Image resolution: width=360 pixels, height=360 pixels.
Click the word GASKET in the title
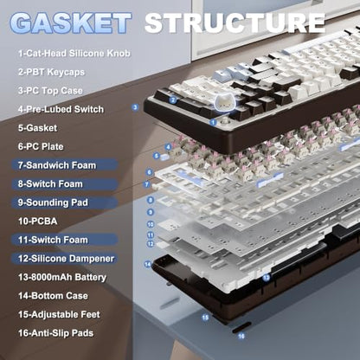(x=70, y=22)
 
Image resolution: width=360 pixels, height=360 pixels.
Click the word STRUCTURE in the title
(x=235, y=22)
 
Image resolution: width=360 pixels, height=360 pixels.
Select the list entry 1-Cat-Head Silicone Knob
(x=74, y=53)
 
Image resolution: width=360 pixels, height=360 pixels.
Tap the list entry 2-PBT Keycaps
(x=51, y=72)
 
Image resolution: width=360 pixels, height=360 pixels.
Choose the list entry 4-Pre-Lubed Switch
(x=61, y=109)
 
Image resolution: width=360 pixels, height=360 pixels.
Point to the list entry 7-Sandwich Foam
(x=57, y=165)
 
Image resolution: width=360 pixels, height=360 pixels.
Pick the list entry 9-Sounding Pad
(x=53, y=202)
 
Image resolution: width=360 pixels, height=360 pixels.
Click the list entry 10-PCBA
(x=37, y=222)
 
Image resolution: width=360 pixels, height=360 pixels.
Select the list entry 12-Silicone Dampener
(x=66, y=259)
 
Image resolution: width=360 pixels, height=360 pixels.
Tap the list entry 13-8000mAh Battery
(x=62, y=277)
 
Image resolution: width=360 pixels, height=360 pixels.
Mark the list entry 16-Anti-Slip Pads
(x=55, y=333)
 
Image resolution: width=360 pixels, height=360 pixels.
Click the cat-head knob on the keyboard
(x=225, y=103)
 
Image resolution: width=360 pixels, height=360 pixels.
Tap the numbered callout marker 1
(x=213, y=122)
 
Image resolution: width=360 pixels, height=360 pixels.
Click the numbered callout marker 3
(x=135, y=107)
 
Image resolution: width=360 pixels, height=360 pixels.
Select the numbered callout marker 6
(x=150, y=172)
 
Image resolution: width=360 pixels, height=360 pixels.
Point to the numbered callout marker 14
(x=148, y=264)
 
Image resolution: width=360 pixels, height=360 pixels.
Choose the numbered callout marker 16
(x=241, y=336)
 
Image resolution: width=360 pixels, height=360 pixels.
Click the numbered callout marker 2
(x=173, y=100)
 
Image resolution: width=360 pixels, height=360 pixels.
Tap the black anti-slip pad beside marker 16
(x=241, y=327)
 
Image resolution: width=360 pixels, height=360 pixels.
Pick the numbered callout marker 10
(x=151, y=224)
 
